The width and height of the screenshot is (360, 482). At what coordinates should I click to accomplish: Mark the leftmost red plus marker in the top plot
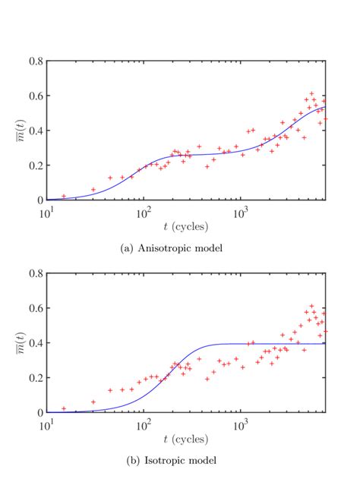coord(64,196)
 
